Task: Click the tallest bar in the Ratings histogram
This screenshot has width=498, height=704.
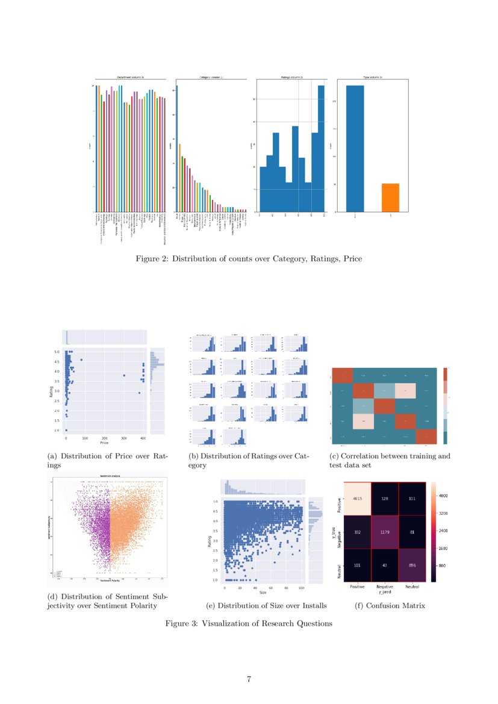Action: tap(321, 148)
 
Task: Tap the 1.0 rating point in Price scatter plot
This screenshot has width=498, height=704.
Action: tap(66, 430)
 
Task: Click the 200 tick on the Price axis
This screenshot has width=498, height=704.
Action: tap(104, 438)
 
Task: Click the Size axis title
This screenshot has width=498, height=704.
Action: tap(263, 593)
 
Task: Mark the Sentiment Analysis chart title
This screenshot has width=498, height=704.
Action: tap(110, 476)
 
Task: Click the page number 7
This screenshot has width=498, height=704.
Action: tap(249, 679)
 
